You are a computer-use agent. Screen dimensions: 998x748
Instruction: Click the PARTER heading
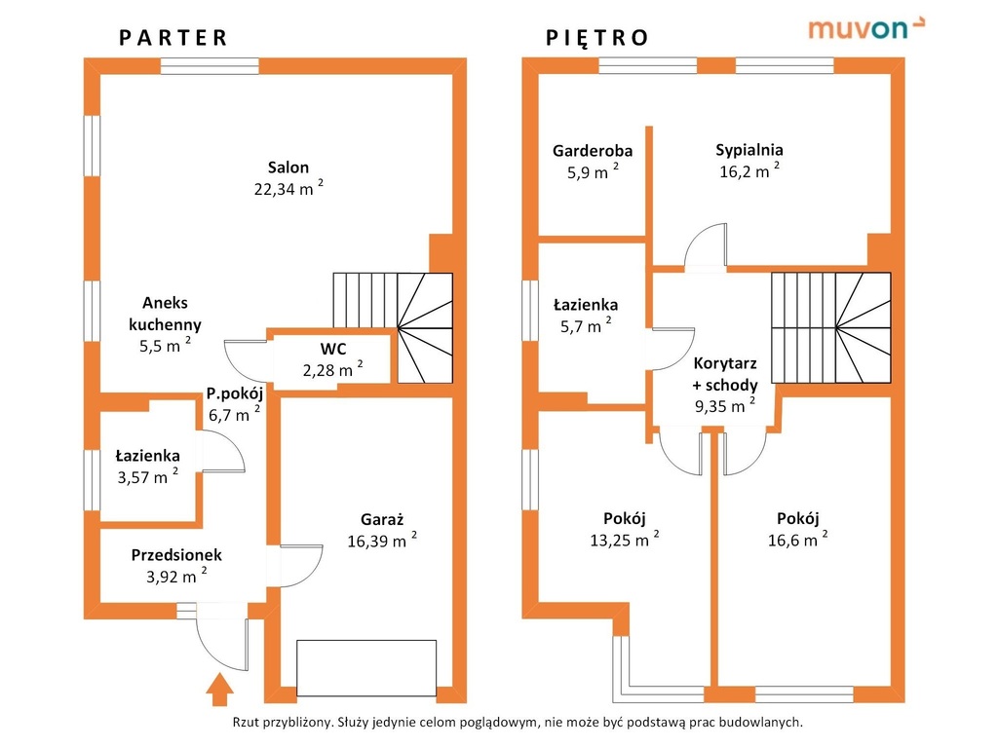[x=173, y=38]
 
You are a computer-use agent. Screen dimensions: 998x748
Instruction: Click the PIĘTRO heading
[x=597, y=38]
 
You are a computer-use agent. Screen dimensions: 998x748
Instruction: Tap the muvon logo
[x=866, y=28]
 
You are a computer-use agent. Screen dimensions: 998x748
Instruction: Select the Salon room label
[x=288, y=168]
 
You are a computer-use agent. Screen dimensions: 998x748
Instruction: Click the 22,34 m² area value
[x=288, y=188]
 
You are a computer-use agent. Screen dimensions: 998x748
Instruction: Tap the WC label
[x=333, y=349]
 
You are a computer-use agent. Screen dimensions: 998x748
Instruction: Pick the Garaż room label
[x=382, y=520]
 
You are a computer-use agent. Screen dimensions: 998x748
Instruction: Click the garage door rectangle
[x=366, y=668]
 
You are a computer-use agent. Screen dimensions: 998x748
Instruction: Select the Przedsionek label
[x=176, y=555]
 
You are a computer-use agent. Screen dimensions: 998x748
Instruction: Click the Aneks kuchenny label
[x=165, y=314]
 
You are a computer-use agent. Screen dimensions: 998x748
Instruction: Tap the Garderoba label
[x=593, y=151]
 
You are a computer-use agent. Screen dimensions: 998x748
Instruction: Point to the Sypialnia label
[x=749, y=150]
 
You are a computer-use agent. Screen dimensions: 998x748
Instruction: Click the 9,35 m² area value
[x=725, y=405]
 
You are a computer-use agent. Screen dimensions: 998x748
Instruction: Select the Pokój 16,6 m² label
[x=798, y=529]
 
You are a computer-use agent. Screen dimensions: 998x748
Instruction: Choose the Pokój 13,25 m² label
[x=625, y=529]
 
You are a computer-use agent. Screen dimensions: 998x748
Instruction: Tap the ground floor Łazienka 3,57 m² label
[x=148, y=467]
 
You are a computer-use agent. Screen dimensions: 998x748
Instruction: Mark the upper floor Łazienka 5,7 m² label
[x=586, y=316]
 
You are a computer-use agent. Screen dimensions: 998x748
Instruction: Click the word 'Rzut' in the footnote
[x=246, y=723]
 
